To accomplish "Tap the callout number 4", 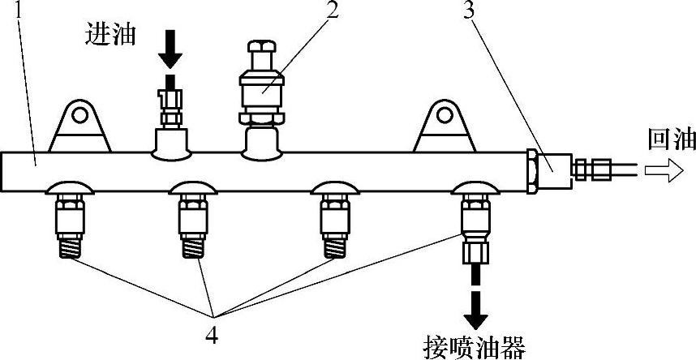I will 213,332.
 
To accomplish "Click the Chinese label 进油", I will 110,34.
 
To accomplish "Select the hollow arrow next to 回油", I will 662,169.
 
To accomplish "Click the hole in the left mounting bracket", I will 79,116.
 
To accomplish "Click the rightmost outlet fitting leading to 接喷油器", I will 474,223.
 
